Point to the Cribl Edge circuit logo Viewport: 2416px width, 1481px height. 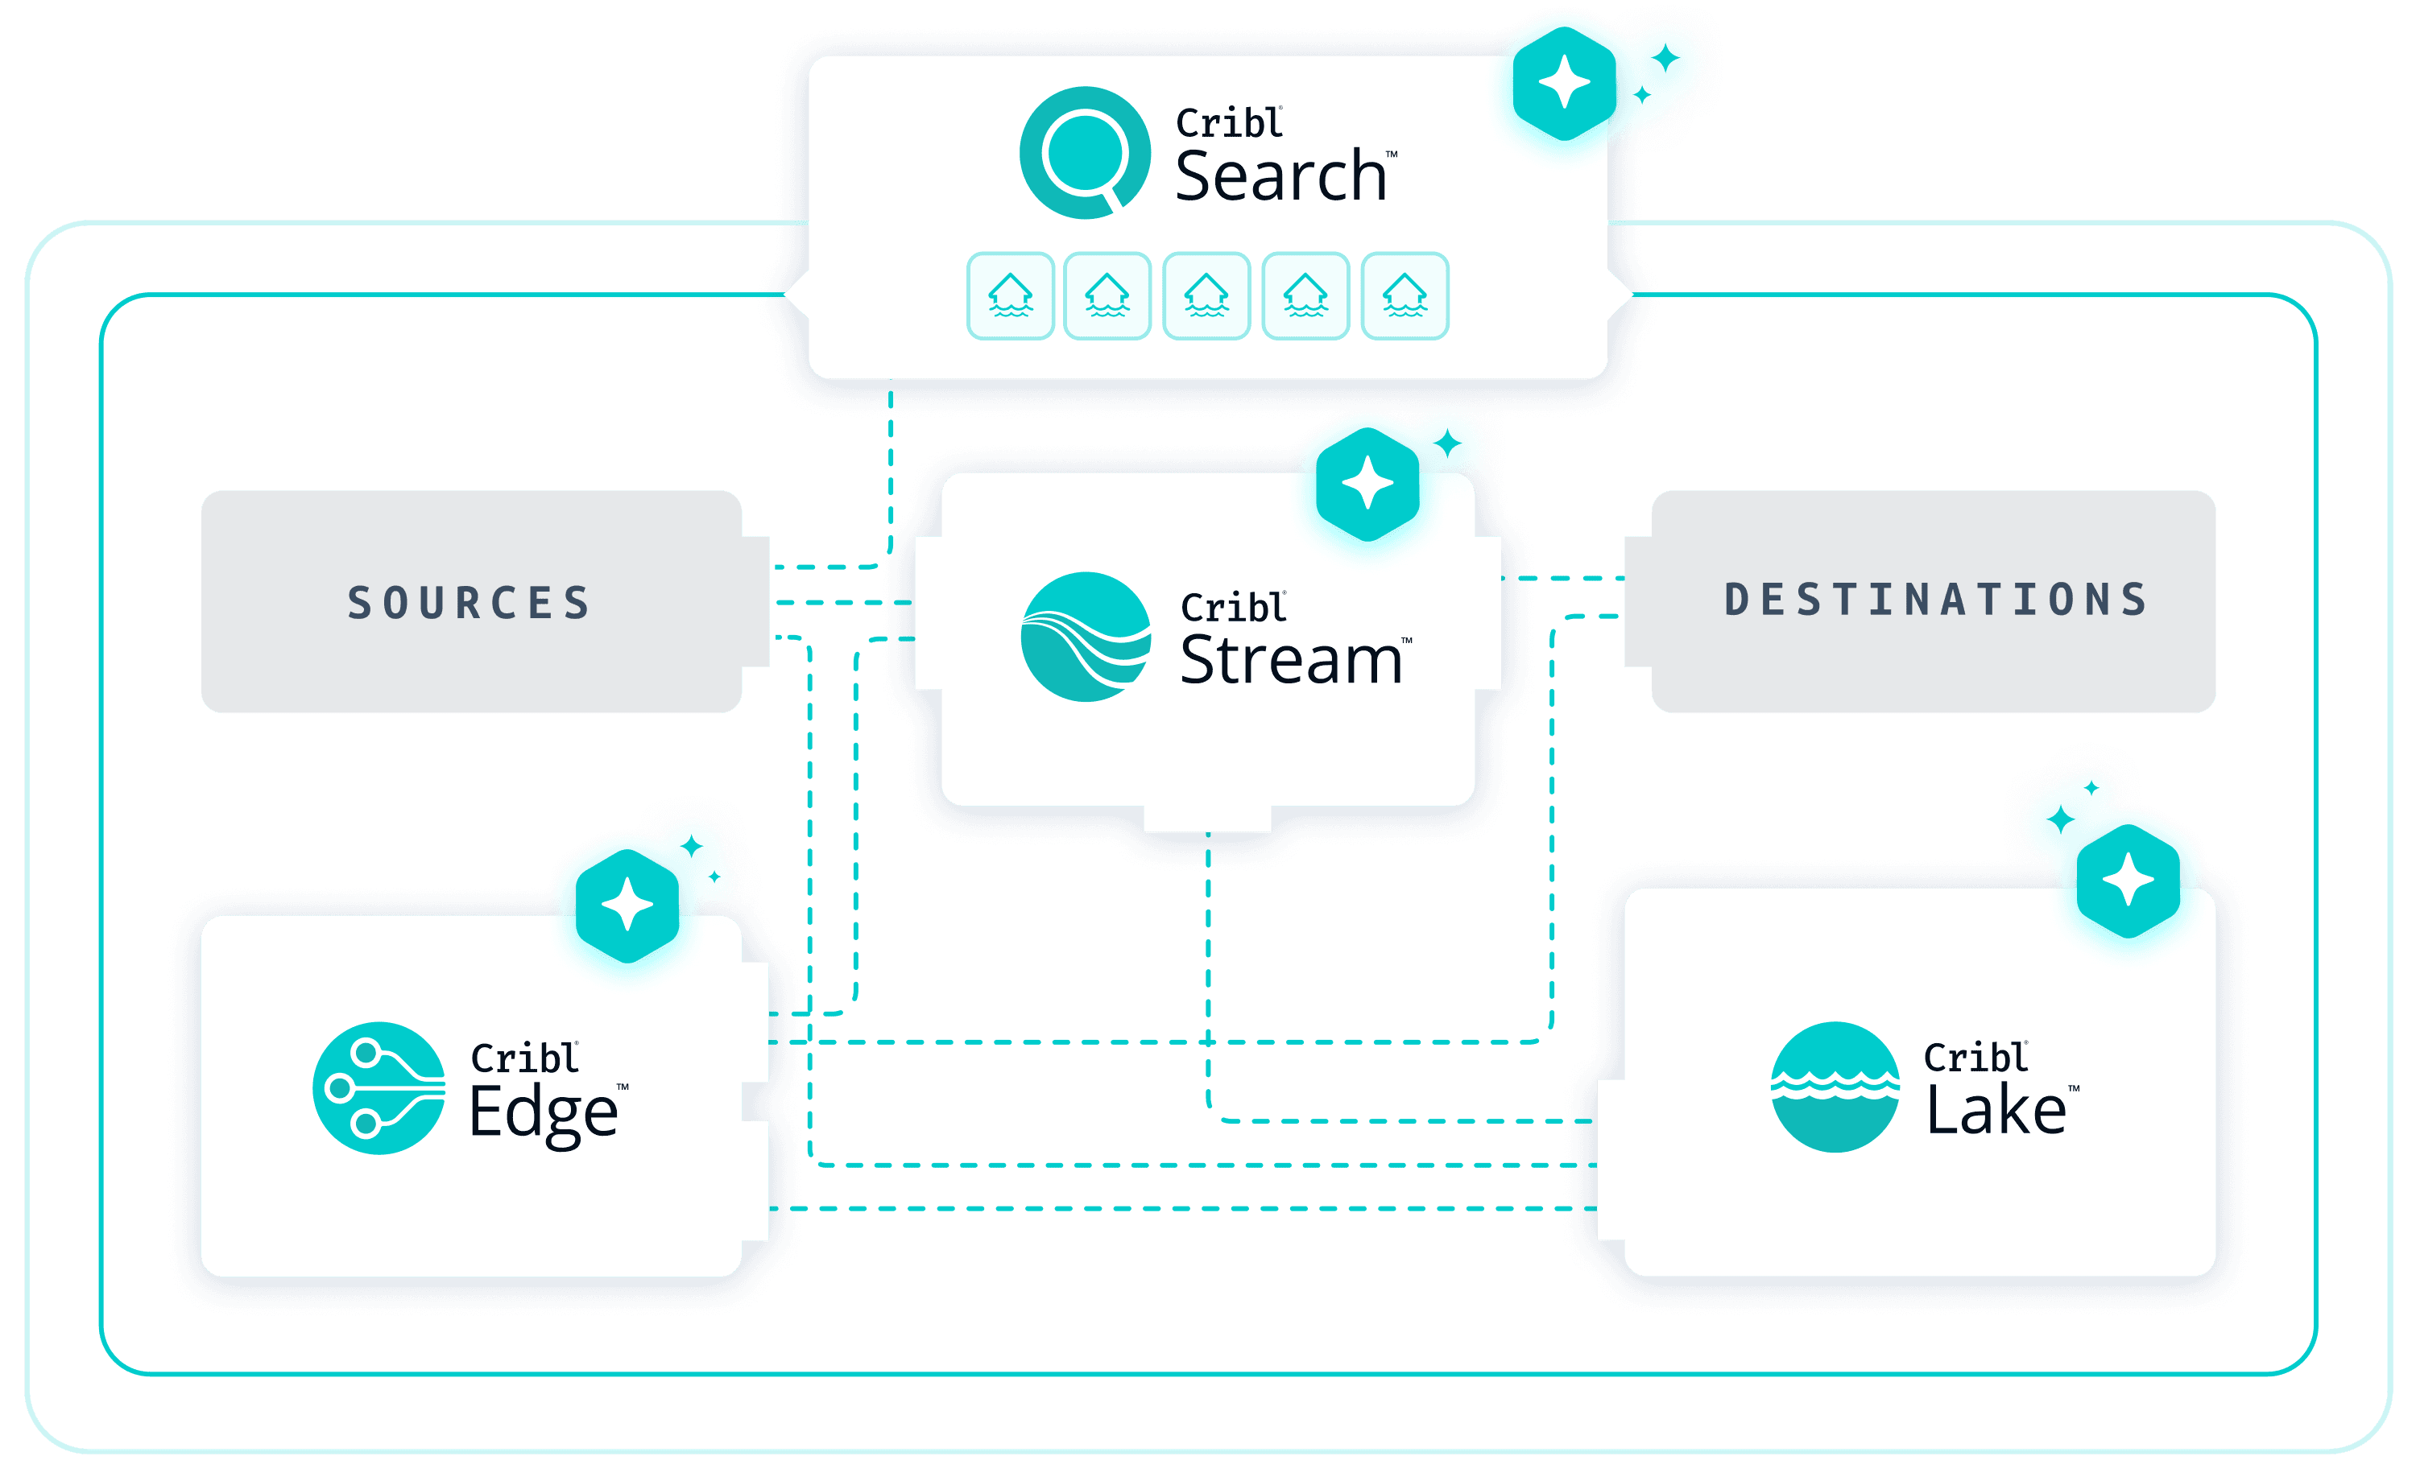point(379,1088)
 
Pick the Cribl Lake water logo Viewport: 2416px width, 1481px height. point(1835,1087)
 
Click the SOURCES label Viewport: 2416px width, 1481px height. point(470,602)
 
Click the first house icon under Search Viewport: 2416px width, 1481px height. point(1010,296)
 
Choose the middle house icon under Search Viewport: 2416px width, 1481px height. point(1206,296)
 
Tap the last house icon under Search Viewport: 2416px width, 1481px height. point(1405,296)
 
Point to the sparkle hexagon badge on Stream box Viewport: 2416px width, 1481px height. point(1367,485)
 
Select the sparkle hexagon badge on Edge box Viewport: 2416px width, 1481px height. point(627,905)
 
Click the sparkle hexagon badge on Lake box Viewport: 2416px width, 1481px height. point(2128,879)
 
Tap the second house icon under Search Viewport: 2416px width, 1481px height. point(1107,296)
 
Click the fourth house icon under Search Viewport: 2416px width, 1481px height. point(1305,296)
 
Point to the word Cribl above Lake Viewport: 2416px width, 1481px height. point(1975,1058)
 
